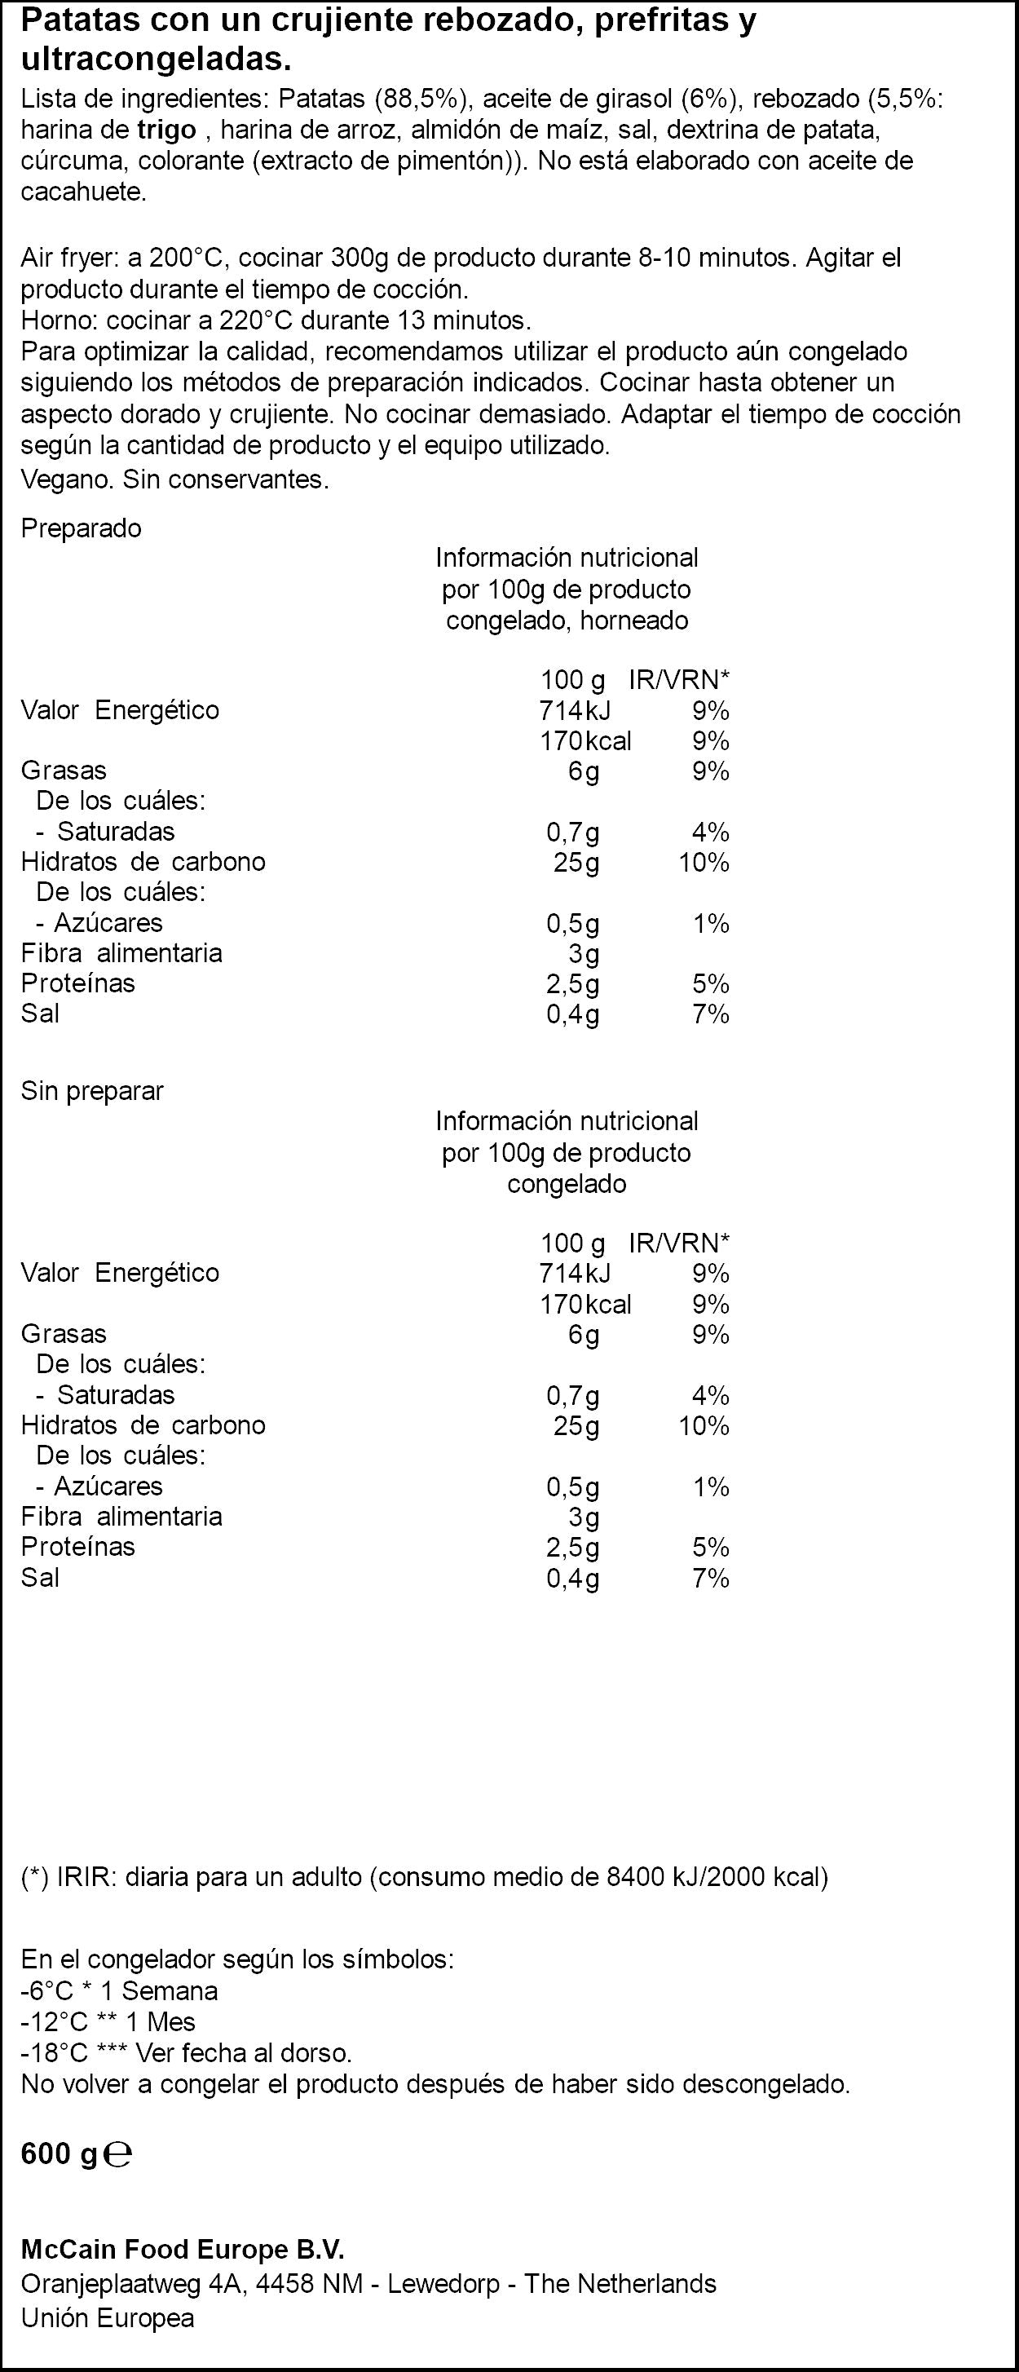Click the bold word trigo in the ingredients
click(166, 130)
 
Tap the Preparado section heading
click(81, 529)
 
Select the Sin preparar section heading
click(92, 1091)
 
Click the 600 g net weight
click(59, 2153)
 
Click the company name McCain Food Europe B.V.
click(183, 2243)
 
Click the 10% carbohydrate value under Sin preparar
click(704, 1425)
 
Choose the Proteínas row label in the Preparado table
click(78, 983)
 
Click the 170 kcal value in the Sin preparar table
click(585, 1304)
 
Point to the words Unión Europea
click(108, 2310)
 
